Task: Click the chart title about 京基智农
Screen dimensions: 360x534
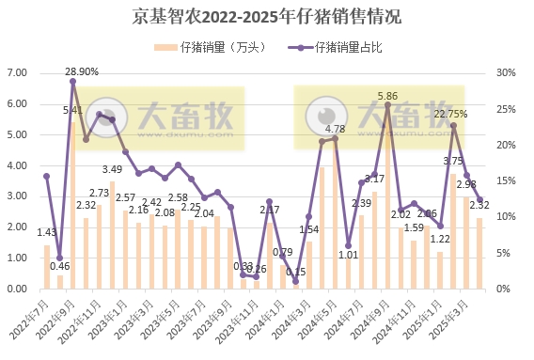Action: click(x=267, y=17)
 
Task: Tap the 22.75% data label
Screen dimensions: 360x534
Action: click(x=451, y=115)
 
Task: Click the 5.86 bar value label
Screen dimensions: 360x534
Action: click(x=388, y=96)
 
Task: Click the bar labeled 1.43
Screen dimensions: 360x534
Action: click(x=47, y=268)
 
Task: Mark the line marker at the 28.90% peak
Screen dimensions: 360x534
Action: click(x=72, y=81)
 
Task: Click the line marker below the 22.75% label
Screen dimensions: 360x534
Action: click(x=453, y=126)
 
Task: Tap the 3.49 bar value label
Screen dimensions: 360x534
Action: click(x=113, y=170)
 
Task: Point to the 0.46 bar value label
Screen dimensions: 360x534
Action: click(x=59, y=267)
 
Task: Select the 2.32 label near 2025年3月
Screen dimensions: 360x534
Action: click(x=479, y=205)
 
